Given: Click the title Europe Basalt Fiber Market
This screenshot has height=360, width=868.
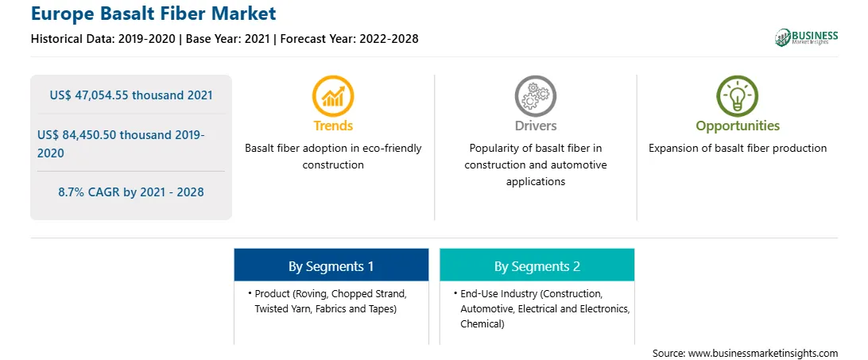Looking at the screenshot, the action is pos(153,14).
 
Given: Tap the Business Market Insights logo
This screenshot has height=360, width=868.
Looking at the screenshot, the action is pos(807,37).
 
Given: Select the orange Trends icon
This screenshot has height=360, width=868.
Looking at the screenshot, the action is pos(333,95).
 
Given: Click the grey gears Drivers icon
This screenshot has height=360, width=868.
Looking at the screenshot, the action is pos(535,95).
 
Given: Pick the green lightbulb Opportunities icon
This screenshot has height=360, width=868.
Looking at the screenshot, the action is pos(738,95).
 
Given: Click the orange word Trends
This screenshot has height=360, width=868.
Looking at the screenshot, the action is pos(333,126).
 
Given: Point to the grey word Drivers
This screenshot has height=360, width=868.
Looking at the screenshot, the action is pos(535,126).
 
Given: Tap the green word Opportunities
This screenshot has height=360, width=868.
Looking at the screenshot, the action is pos(738,126).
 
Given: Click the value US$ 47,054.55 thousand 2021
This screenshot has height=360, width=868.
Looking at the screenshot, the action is pos(131,95).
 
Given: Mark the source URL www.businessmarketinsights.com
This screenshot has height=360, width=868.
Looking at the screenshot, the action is pos(763,353).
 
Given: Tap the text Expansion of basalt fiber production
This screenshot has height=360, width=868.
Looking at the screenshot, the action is pos(738,149).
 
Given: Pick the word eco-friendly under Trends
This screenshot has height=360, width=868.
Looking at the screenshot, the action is pos(392,149).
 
